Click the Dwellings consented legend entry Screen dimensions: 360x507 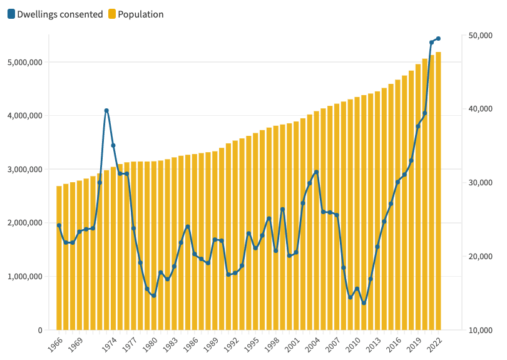pyautogui.click(x=60, y=14)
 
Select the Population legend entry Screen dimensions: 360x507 pyautogui.click(x=141, y=14)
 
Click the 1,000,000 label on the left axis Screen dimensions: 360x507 pyautogui.click(x=24, y=276)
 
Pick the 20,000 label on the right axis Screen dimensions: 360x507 pyautogui.click(x=480, y=257)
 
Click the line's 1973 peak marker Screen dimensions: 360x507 pyautogui.click(x=106, y=110)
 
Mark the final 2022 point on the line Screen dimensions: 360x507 pyautogui.click(x=438, y=38)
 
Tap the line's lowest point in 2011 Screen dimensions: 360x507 pyautogui.click(x=364, y=303)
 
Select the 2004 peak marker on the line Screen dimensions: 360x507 pyautogui.click(x=316, y=172)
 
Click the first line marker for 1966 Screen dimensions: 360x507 pyautogui.click(x=59, y=225)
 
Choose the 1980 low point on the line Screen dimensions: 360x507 pyautogui.click(x=154, y=296)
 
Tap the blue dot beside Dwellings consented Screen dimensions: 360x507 pyautogui.click(x=11, y=14)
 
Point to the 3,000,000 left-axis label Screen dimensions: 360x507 pyautogui.click(x=24, y=169)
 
